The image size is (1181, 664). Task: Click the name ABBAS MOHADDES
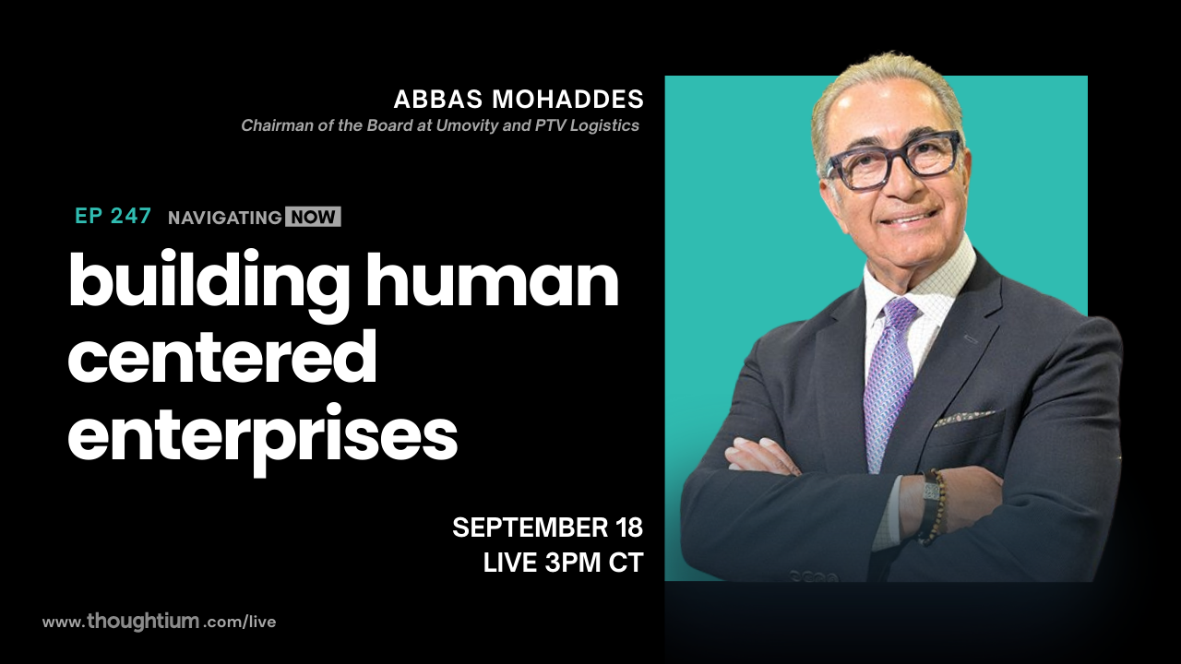[x=519, y=100]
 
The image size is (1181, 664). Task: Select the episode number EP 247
[x=113, y=217]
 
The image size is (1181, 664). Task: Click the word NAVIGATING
[x=224, y=218]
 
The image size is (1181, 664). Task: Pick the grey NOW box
[x=313, y=218]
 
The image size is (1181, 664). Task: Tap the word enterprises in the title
[x=262, y=435]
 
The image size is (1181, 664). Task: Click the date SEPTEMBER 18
[x=547, y=528]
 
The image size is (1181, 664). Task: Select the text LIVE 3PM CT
[x=563, y=563]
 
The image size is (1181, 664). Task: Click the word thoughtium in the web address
[x=143, y=622]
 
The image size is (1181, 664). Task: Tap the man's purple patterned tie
[x=887, y=378]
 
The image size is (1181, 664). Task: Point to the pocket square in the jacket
[x=963, y=418]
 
